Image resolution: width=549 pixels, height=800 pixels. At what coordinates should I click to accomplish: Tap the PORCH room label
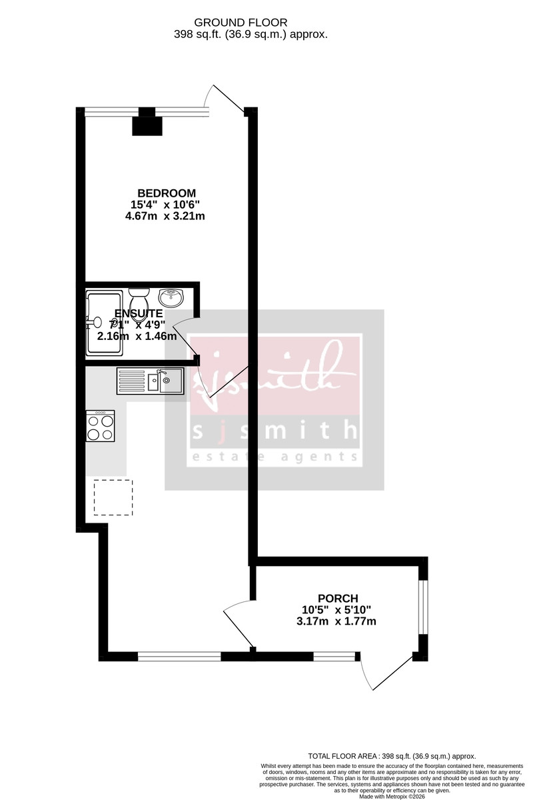point(338,598)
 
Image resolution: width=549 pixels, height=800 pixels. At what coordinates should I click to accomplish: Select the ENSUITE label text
point(139,313)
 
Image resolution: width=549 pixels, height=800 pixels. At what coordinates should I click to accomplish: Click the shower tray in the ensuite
point(103,321)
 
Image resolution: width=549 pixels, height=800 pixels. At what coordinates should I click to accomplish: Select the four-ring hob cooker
point(101,425)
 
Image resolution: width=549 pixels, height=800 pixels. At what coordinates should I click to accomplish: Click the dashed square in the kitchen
point(113,497)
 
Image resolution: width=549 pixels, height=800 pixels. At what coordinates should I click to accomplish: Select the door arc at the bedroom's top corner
point(226,98)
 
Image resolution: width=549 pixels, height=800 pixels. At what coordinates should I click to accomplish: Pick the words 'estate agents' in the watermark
point(274,457)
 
